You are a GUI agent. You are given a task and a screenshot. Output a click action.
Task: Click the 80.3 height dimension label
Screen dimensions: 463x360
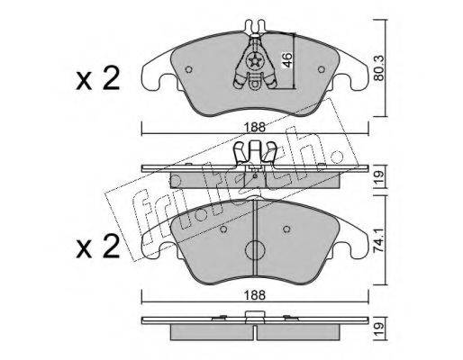pos(380,67)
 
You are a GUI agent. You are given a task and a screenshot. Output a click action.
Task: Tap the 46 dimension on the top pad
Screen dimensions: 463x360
pos(286,59)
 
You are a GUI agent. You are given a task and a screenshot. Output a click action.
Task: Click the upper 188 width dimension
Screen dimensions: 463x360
pos(255,127)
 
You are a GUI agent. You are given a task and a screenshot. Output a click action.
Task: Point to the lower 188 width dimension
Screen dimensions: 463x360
pos(255,295)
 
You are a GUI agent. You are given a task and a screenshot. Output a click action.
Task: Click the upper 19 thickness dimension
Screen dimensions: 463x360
pos(380,177)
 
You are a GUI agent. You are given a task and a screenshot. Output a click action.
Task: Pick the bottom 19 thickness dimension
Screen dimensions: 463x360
pos(380,329)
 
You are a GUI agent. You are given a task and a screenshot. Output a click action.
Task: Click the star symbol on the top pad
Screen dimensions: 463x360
pos(255,62)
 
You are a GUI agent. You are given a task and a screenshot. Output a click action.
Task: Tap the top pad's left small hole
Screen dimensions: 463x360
pos(189,69)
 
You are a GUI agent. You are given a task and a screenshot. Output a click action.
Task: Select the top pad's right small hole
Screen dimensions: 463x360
pos(322,69)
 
